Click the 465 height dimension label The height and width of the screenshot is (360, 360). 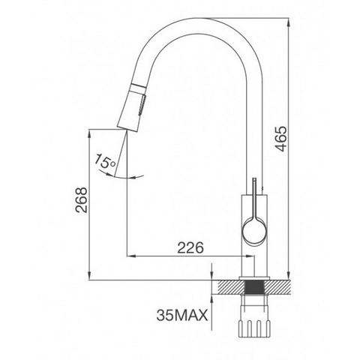(x=282, y=139)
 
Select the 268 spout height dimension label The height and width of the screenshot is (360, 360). (x=82, y=200)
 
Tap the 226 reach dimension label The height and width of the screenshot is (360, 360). (x=190, y=247)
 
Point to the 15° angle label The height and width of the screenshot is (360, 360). (x=105, y=161)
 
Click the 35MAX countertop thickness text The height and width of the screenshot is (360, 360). (x=182, y=315)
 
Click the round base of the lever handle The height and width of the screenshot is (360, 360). (x=253, y=230)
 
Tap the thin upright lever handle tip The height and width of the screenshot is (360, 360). (x=254, y=179)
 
